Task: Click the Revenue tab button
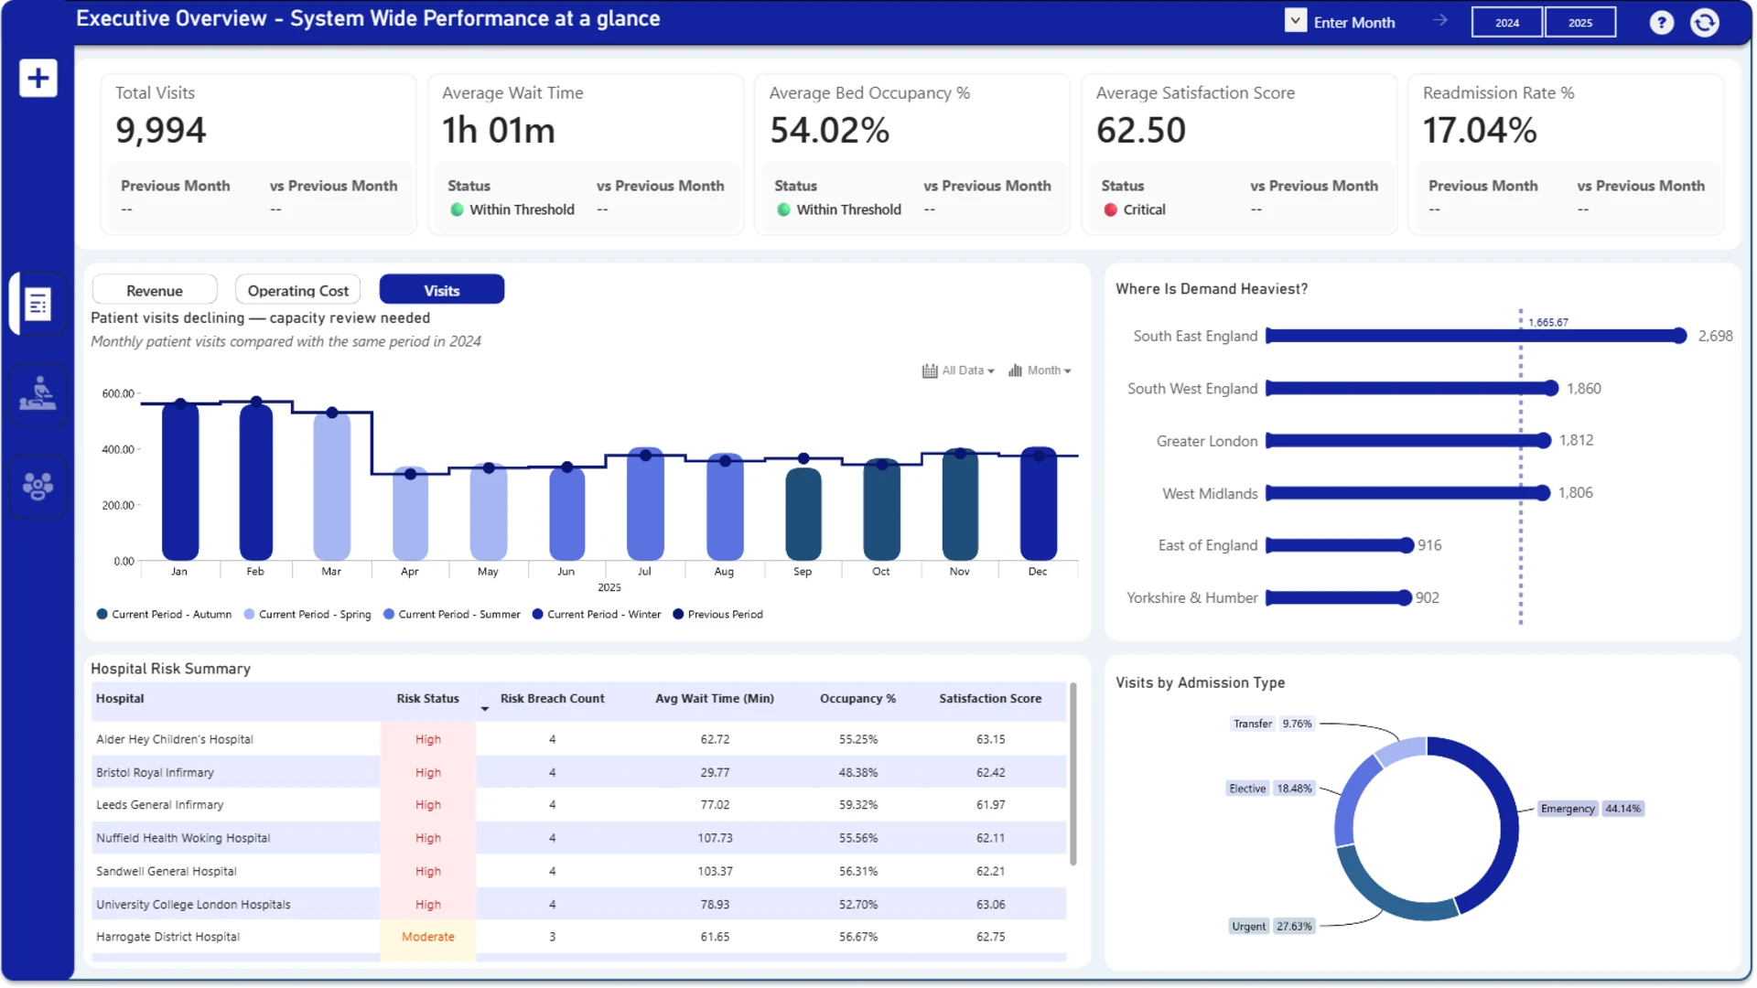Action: [x=155, y=290]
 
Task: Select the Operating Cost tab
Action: [x=297, y=290]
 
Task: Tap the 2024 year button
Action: [x=1507, y=23]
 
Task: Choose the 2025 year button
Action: [x=1580, y=23]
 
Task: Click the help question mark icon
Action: [x=1662, y=23]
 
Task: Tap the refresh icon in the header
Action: [x=1705, y=23]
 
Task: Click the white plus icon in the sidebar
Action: [x=38, y=78]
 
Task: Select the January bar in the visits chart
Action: [x=180, y=480]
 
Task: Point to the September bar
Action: [x=803, y=513]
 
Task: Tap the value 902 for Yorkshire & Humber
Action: [x=1428, y=597]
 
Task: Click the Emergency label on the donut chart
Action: [x=1568, y=809]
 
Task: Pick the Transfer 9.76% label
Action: [x=1273, y=724]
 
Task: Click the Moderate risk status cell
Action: [x=428, y=937]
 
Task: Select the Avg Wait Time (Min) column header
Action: [x=715, y=698]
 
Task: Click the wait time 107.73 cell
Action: [x=715, y=838]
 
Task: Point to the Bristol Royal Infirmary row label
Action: [x=155, y=772]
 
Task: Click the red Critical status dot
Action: [x=1111, y=209]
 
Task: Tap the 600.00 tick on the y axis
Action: [x=118, y=393]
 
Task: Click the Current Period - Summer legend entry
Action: [x=452, y=615]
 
